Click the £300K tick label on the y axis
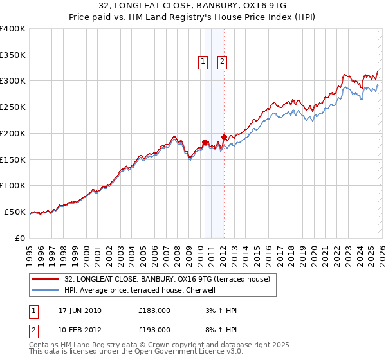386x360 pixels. click(13, 81)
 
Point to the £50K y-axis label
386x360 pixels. click(15, 212)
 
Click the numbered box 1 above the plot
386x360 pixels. click(203, 62)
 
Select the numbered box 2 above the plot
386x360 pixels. click(222, 62)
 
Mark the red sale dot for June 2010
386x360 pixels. click(205, 142)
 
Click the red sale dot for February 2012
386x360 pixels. click(223, 137)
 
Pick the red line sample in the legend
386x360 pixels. click(46, 279)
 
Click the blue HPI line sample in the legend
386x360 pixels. click(46, 290)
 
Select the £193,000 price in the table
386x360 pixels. click(154, 329)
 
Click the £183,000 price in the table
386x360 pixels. click(154, 310)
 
